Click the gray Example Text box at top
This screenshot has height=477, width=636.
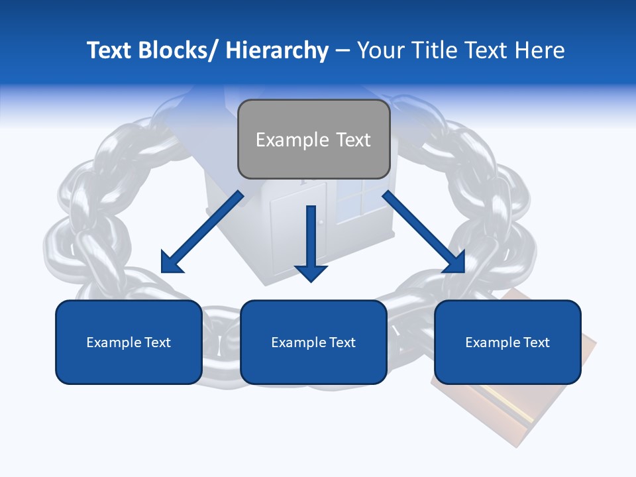click(x=313, y=139)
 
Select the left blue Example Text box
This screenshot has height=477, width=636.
click(x=129, y=342)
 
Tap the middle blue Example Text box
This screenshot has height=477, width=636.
click(x=313, y=342)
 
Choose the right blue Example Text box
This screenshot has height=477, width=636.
click(x=507, y=342)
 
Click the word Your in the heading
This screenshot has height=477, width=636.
click(x=378, y=50)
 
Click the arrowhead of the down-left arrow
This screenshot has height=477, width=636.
click(x=171, y=262)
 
